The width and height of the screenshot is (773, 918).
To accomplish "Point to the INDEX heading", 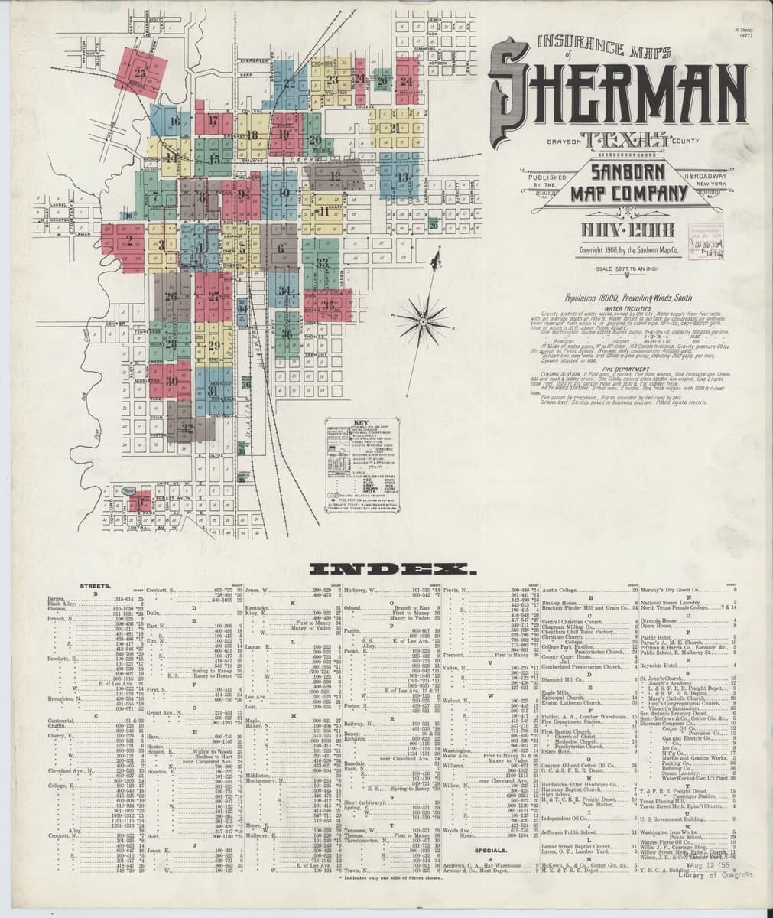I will (x=391, y=568).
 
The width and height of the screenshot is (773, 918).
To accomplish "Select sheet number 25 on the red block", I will (x=140, y=73).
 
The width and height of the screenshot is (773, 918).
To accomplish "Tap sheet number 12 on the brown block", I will (x=335, y=176).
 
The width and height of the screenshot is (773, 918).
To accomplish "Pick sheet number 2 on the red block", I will (x=129, y=240).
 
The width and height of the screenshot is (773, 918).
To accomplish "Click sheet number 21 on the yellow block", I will (x=395, y=128).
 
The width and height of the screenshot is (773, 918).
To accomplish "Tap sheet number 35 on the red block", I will (x=330, y=304).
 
